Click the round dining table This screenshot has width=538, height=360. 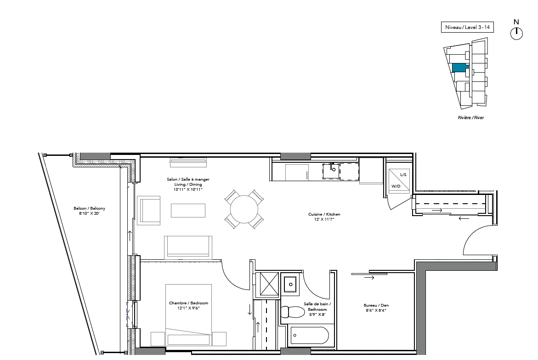point(244,209)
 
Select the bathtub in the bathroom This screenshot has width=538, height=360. point(310,335)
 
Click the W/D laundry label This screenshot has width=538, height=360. point(396,186)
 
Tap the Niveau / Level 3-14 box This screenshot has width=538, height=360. point(467,27)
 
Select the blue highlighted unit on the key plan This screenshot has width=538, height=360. point(460,68)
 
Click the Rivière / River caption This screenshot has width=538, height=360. point(471,118)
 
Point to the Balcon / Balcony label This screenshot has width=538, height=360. point(89,208)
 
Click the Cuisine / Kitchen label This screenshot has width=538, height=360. point(324,214)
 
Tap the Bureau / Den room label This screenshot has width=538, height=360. point(376,305)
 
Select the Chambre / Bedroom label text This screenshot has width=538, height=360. point(189,303)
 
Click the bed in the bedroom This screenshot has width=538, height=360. point(188,315)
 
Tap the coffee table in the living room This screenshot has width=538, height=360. point(188,211)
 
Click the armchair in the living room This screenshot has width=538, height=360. point(148,211)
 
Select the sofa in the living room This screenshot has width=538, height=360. point(188,247)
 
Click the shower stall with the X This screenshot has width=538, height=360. point(269,284)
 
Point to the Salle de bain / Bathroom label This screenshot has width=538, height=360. point(317,307)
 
